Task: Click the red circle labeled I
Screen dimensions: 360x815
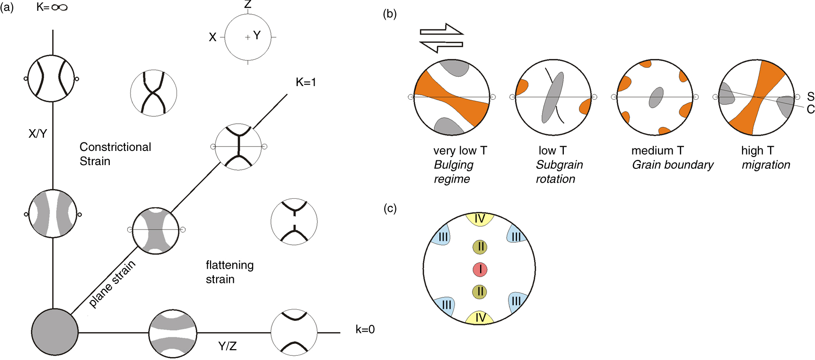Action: (x=480, y=270)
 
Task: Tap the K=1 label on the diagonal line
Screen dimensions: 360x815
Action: (x=306, y=82)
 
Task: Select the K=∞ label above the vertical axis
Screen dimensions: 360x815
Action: (x=52, y=8)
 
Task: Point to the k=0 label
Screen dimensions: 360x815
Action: (x=365, y=329)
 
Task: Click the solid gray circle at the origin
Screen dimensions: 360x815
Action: (x=54, y=332)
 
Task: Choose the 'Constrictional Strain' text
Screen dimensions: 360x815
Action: (x=115, y=154)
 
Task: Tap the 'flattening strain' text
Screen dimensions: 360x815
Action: (x=229, y=272)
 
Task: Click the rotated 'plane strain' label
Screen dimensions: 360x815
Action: (x=112, y=284)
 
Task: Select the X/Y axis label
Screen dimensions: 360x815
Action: (x=38, y=134)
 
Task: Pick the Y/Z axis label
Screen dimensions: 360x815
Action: (x=228, y=346)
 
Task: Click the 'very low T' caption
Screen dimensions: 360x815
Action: (x=460, y=150)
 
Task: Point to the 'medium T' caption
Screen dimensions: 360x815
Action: (x=657, y=150)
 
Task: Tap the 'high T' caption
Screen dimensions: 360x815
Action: (x=757, y=150)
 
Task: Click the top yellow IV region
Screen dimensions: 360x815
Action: (x=480, y=219)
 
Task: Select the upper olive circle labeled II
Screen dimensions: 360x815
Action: (x=480, y=246)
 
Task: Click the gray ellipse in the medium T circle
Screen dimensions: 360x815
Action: (x=656, y=97)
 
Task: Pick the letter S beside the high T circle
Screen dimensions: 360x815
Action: (x=810, y=97)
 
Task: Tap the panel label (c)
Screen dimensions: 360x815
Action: (x=390, y=208)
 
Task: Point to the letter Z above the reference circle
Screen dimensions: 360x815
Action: (x=248, y=5)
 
